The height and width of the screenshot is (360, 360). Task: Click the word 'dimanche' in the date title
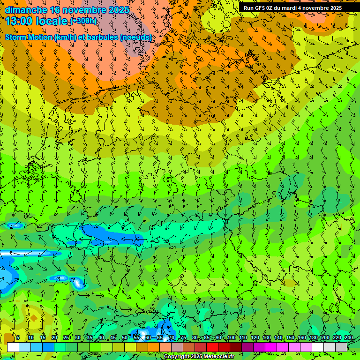coord(26,10)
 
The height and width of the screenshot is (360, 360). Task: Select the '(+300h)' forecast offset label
coord(83,21)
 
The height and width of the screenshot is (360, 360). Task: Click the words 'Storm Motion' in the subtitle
coord(29,37)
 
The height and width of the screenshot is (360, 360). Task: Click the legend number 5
coord(18,337)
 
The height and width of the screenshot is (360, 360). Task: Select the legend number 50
coord(124,337)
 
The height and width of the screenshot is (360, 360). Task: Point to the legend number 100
coord(231,337)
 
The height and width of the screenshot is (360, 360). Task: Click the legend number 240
coord(348,337)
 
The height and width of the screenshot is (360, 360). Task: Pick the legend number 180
coord(313,337)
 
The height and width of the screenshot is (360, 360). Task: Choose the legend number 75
coord(183,337)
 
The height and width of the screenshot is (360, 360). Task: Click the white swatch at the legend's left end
coord(13,347)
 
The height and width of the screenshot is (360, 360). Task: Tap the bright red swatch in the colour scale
coord(212,347)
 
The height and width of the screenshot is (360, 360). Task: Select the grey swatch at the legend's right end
coord(341,347)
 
